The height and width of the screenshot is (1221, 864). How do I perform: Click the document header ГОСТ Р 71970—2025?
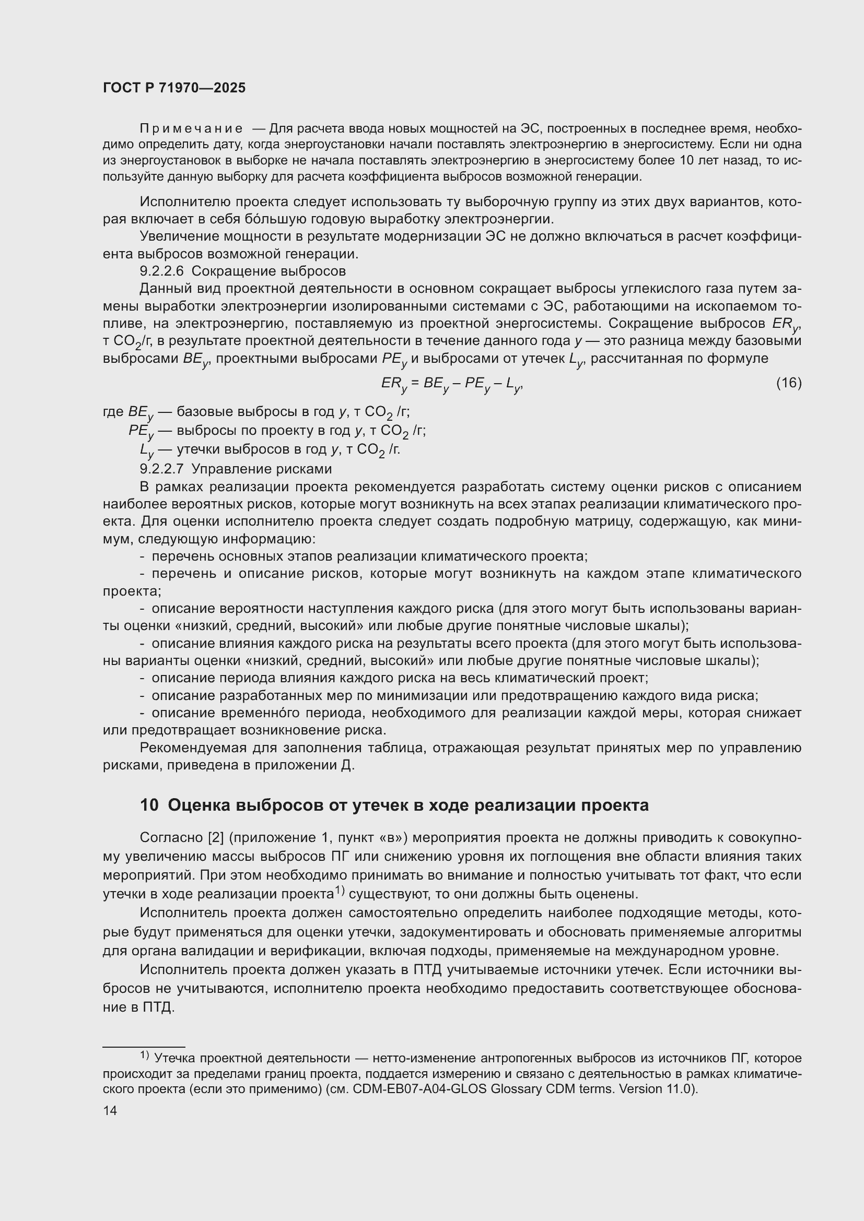pyautogui.click(x=174, y=88)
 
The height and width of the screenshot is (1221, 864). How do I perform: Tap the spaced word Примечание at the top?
pyautogui.click(x=191, y=129)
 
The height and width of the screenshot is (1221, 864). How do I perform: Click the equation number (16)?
pyautogui.click(x=788, y=382)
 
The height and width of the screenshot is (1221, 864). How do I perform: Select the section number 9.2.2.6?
pyautogui.click(x=161, y=271)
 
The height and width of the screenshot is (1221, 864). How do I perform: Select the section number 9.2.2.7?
pyautogui.click(x=161, y=469)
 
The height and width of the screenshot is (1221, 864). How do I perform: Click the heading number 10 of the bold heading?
pyautogui.click(x=149, y=805)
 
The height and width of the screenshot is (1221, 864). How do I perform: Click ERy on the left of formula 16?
pyautogui.click(x=393, y=384)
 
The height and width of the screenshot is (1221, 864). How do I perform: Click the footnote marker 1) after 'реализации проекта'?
pyautogui.click(x=340, y=891)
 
